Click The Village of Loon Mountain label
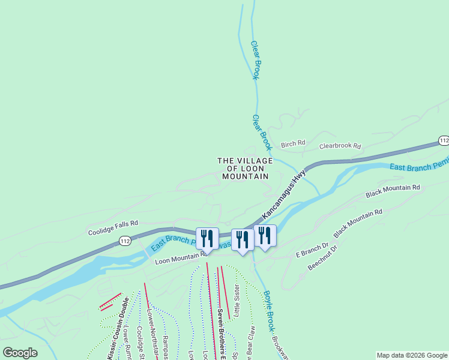(x=244, y=169)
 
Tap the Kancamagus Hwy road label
(x=284, y=193)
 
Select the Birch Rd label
(x=293, y=143)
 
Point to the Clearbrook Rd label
(x=340, y=146)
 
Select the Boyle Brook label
(x=268, y=312)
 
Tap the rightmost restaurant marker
(x=265, y=235)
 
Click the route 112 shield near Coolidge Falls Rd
(x=124, y=241)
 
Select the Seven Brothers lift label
(x=220, y=330)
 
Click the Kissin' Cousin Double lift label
(x=118, y=329)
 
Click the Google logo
(x=20, y=353)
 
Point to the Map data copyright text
(x=412, y=355)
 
